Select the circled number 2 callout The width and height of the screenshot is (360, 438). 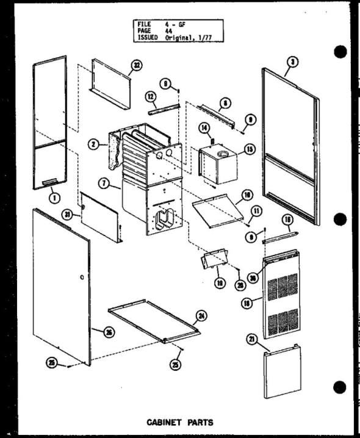coord(93,144)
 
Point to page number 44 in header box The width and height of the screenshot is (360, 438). coord(168,31)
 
